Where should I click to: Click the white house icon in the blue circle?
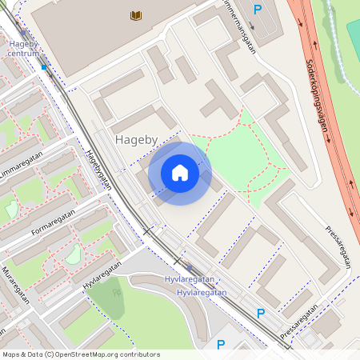180,173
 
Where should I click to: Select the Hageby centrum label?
23,48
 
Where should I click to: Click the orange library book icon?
136,15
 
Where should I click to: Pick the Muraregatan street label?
15,285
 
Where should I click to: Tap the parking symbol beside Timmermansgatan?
258,10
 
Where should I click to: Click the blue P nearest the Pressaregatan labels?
260,314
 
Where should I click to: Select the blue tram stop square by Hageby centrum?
44,68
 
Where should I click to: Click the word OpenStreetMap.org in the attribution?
92,354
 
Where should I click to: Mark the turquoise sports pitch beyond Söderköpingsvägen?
353,36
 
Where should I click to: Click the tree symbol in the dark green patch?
118,293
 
